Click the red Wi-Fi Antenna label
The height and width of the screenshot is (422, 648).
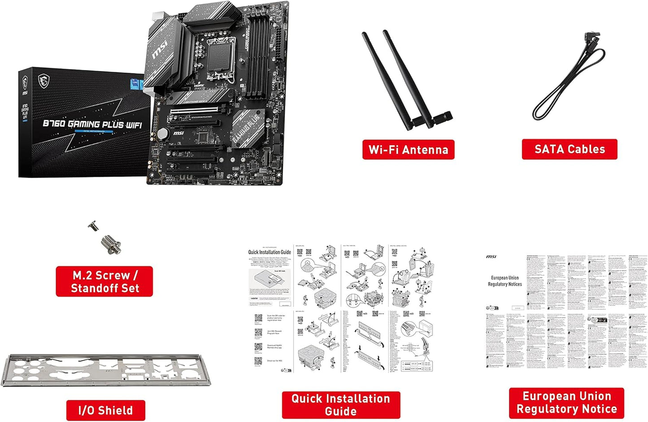tap(408, 149)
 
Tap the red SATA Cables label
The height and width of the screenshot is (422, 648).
tap(569, 149)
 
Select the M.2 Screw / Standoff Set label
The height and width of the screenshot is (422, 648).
tap(104, 282)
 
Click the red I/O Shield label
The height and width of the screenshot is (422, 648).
tap(105, 410)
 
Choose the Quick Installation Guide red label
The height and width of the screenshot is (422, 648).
tap(341, 405)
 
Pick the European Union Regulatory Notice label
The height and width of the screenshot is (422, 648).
tap(566, 403)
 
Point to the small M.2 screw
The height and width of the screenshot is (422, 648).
tap(94, 226)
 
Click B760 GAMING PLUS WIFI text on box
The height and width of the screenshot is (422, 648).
tap(92, 124)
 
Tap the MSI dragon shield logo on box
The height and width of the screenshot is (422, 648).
tap(43, 81)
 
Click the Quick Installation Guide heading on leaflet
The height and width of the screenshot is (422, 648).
tap(270, 252)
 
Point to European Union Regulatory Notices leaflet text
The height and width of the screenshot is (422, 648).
tap(505, 281)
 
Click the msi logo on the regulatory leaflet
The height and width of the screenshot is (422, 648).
tap(491, 257)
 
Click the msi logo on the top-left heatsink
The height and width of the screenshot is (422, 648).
tap(160, 49)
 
